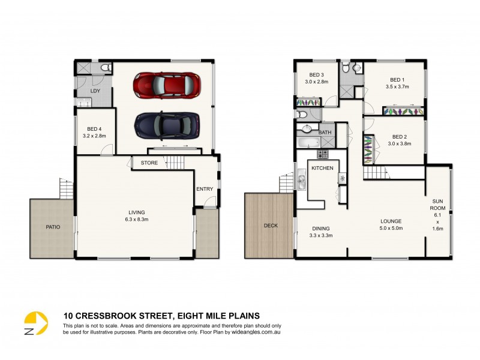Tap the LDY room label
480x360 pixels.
coord(95,91)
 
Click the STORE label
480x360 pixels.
coord(149,163)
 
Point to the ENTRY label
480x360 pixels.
coord(205,189)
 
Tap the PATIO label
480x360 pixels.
coord(53,227)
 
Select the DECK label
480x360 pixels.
coord(271,226)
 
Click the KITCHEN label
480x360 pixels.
coord(322,168)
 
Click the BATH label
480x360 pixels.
coord(325,132)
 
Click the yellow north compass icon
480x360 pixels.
coord(36,324)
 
